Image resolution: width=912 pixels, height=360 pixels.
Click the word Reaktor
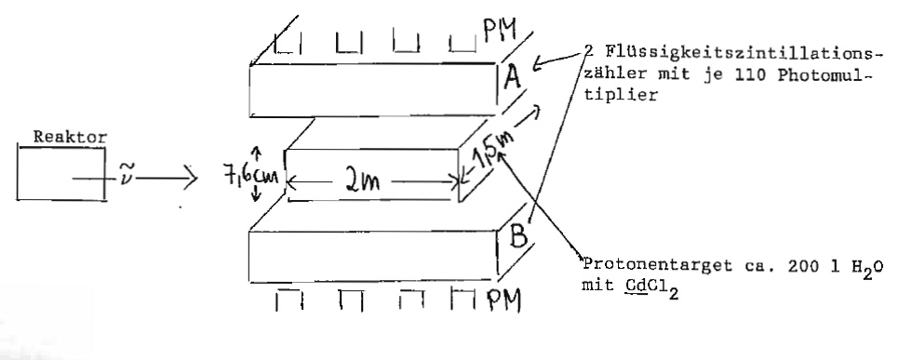pyautogui.click(x=71, y=138)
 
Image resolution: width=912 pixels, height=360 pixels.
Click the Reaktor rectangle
pyautogui.click(x=18, y=173)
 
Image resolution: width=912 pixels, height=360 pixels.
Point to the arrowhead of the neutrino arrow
pyautogui.click(x=191, y=178)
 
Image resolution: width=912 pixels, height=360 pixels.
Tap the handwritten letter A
pyautogui.click(x=513, y=76)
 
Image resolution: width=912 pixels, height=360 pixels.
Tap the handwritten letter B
pyautogui.click(x=518, y=235)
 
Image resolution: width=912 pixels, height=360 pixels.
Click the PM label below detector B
pyautogui.click(x=503, y=300)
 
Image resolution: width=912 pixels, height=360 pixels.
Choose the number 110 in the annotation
pyautogui.click(x=751, y=74)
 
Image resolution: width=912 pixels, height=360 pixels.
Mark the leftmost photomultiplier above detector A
pyautogui.click(x=288, y=44)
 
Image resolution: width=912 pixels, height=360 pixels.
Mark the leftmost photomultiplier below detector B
pyautogui.click(x=289, y=300)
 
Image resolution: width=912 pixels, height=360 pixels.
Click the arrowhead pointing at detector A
pyautogui.click(x=539, y=63)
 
